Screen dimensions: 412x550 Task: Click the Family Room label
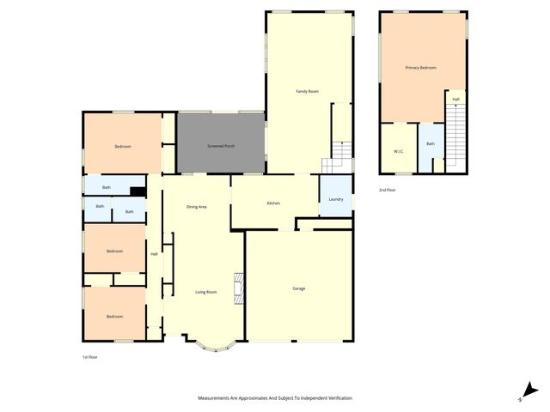[x=308, y=91]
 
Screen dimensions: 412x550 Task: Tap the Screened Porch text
[x=222, y=146]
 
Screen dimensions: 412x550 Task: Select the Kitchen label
[x=273, y=203]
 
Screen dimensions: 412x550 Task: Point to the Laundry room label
[x=335, y=199]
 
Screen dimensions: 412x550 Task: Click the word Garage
[x=298, y=288]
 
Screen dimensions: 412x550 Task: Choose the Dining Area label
[x=197, y=207]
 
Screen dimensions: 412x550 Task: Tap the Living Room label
[x=205, y=292]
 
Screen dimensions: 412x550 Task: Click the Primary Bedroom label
[x=421, y=67]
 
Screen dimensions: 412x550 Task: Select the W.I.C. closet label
[x=398, y=152]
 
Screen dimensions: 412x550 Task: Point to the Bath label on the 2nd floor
[x=431, y=144]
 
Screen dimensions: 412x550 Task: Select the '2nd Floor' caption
[x=388, y=190]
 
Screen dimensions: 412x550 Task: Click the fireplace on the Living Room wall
[x=241, y=288]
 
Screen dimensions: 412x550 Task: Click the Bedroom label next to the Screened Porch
[x=123, y=146]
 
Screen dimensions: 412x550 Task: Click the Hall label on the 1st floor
[x=155, y=253]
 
